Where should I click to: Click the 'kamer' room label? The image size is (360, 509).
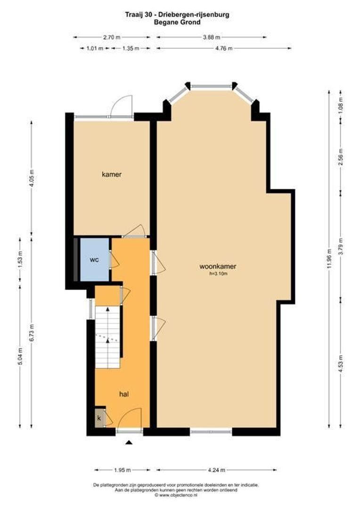pyautogui.click(x=112, y=174)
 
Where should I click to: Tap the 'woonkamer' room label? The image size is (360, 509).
pyautogui.click(x=217, y=266)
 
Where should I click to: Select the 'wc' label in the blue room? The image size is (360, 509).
pyautogui.click(x=94, y=260)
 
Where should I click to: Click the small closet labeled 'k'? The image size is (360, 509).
pyautogui.click(x=99, y=418)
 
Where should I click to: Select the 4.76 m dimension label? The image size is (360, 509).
pyautogui.click(x=224, y=48)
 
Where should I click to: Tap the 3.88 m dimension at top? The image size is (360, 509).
pyautogui.click(x=212, y=37)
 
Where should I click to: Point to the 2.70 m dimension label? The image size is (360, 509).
pyautogui.click(x=112, y=37)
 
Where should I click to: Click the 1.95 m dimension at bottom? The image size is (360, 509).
pyautogui.click(x=123, y=470)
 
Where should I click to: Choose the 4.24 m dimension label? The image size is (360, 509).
pyautogui.click(x=216, y=470)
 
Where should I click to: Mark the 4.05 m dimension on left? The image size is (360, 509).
pyautogui.click(x=32, y=178)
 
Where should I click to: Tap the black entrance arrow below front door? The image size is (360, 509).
pyautogui.click(x=129, y=442)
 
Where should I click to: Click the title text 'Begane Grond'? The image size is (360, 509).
pyautogui.click(x=181, y=22)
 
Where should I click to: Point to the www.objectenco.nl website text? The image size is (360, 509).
pyautogui.click(x=180, y=495)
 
